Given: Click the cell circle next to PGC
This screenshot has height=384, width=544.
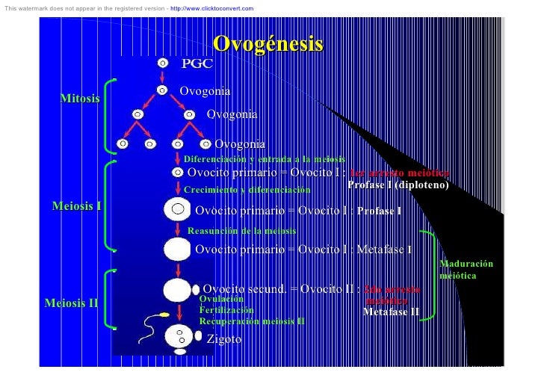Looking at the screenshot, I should pos(162,64).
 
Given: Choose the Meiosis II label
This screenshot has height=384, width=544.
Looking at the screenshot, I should pos(72,303).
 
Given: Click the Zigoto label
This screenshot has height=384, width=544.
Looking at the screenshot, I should pos(224,339).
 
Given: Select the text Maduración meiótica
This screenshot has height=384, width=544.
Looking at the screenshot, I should pos(466,270).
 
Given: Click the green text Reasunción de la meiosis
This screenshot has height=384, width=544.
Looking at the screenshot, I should pos(241,231).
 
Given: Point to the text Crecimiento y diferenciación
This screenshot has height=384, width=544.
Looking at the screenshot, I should pos(247,190).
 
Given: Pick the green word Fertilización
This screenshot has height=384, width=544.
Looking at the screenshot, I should pos(226,309).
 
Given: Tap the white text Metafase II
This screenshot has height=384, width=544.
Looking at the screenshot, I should pos(391,312).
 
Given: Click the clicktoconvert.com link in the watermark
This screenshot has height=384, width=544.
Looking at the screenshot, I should pos(211,9).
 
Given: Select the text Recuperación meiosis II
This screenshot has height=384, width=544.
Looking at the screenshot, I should pos(252,320).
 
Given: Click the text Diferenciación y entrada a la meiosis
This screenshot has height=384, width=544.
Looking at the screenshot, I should pos(265,159).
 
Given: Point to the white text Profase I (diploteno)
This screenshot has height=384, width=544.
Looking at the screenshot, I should pos(398,185).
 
